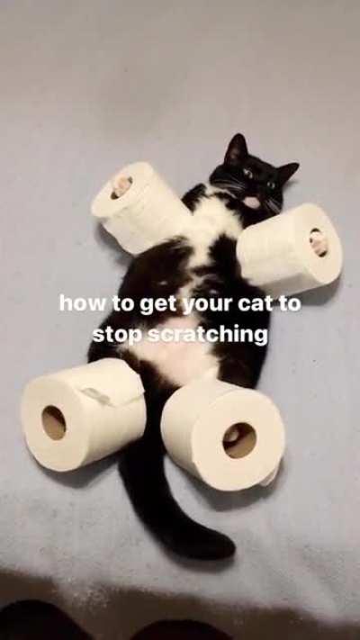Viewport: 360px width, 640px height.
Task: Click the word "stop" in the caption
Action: (x=115, y=335)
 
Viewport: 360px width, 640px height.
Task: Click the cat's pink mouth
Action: (x=252, y=203)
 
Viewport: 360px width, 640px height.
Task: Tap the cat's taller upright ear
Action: (x=237, y=148)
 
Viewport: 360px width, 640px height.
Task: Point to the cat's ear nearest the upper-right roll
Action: (x=285, y=171)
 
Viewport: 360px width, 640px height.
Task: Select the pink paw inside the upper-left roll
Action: (x=121, y=185)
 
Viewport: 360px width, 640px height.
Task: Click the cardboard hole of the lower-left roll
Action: (x=54, y=422)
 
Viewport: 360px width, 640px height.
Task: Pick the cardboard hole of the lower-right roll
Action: (x=239, y=440)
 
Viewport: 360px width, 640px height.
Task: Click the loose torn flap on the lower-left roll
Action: (x=97, y=393)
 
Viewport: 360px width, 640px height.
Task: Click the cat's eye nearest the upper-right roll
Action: (x=269, y=185)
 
